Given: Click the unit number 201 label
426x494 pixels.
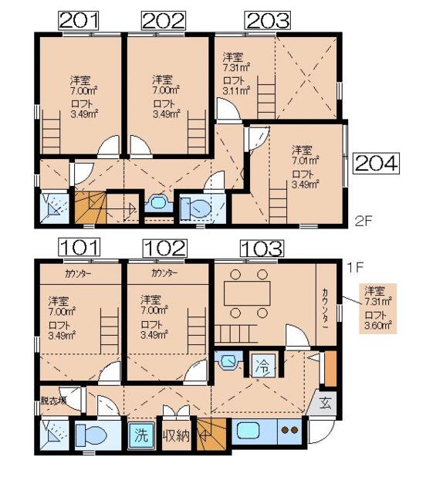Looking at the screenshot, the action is [x=79, y=21].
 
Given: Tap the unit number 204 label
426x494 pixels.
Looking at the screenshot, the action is [x=376, y=163].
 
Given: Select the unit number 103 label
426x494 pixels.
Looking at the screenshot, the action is [x=262, y=249].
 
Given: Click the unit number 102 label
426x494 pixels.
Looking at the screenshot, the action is [x=165, y=248].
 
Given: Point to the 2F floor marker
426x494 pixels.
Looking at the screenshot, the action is [x=363, y=222].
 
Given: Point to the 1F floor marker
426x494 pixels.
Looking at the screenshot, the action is [x=355, y=268].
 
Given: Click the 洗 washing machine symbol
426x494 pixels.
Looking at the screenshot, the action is [x=141, y=435].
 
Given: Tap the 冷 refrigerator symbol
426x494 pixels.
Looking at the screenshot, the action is [x=263, y=365].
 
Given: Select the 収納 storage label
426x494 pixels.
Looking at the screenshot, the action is [x=176, y=435].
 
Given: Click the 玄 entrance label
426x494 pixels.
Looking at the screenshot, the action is [x=325, y=403].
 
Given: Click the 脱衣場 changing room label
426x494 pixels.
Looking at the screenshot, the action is [x=53, y=401].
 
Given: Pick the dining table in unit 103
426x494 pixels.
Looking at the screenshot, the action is [x=247, y=293].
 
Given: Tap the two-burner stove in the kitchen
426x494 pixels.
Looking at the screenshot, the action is [x=290, y=430].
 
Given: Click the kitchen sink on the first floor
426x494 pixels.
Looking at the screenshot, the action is [x=248, y=431].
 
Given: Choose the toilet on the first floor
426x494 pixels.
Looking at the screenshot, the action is [x=92, y=435].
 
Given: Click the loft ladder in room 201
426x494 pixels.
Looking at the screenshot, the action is [x=51, y=132].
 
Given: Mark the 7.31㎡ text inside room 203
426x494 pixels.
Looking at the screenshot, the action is [x=236, y=67].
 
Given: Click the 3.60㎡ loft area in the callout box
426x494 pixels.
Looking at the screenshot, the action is [x=378, y=325].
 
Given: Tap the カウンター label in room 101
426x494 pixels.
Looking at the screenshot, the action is [x=78, y=274].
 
